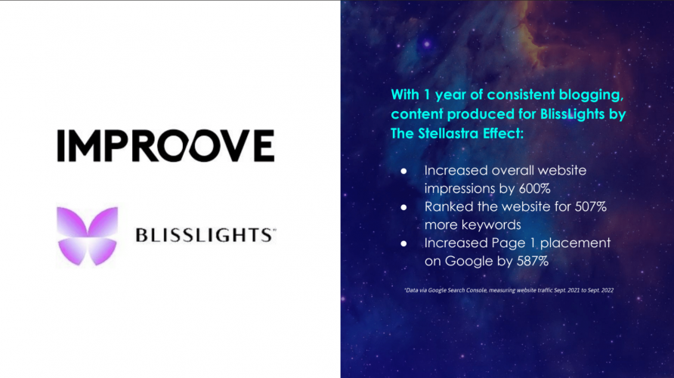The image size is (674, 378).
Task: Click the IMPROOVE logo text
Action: tap(165, 145)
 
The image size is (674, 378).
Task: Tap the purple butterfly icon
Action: tap(88, 236)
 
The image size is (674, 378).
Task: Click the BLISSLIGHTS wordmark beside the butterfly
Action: tap(205, 236)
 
